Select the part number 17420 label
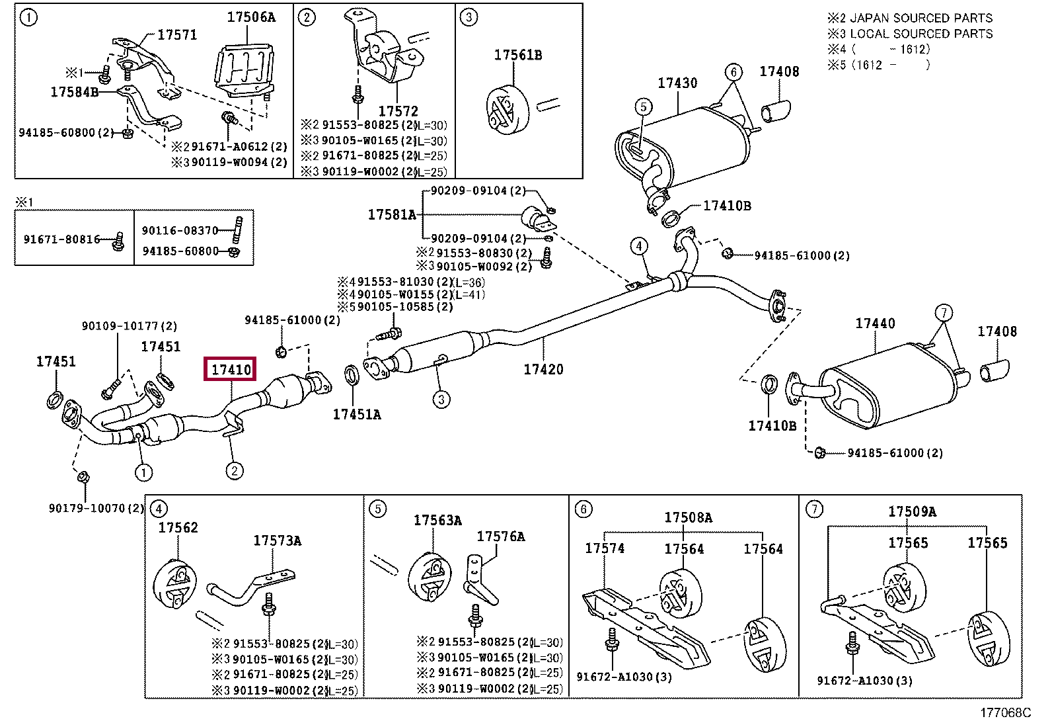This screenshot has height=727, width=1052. tap(543, 369)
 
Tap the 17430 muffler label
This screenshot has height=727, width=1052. tap(677, 83)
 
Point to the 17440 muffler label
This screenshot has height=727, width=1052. tap(875, 323)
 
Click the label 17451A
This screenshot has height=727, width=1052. tap(357, 414)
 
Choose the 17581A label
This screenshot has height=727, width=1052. tap(392, 215)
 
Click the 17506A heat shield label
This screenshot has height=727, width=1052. tap(251, 17)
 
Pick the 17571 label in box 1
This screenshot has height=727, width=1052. tap(177, 35)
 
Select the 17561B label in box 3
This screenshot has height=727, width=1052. tap(517, 55)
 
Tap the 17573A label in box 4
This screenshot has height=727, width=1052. tap(277, 540)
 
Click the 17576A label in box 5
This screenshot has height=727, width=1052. tap(501, 536)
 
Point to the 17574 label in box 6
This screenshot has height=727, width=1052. tap(605, 548)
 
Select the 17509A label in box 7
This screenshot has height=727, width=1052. tap(912, 511)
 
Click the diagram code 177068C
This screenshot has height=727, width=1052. tap(1005, 713)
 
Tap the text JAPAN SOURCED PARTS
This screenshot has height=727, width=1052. tap(921, 18)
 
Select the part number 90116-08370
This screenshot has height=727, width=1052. tap(180, 230)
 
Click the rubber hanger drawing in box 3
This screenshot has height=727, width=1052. tap(507, 110)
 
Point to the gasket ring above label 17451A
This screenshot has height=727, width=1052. tap(352, 375)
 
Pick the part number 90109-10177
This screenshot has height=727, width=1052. tap(122, 326)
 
